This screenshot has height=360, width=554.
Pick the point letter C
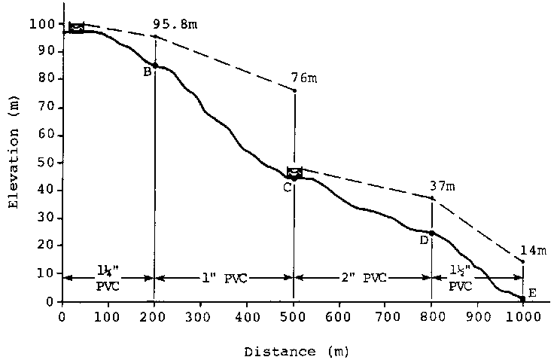pos(287,187)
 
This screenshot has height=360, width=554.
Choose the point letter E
pos(532,292)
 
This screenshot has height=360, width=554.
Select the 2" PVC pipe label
pos(363,278)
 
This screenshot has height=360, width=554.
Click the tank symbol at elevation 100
pos(76,28)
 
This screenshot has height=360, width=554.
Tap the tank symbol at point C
pos(294,172)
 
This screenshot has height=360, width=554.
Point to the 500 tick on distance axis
pos(293,317)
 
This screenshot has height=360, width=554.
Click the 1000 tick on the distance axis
pos(522,317)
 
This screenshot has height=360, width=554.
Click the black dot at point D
pos(431,233)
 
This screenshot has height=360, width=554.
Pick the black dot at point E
pos(522,299)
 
